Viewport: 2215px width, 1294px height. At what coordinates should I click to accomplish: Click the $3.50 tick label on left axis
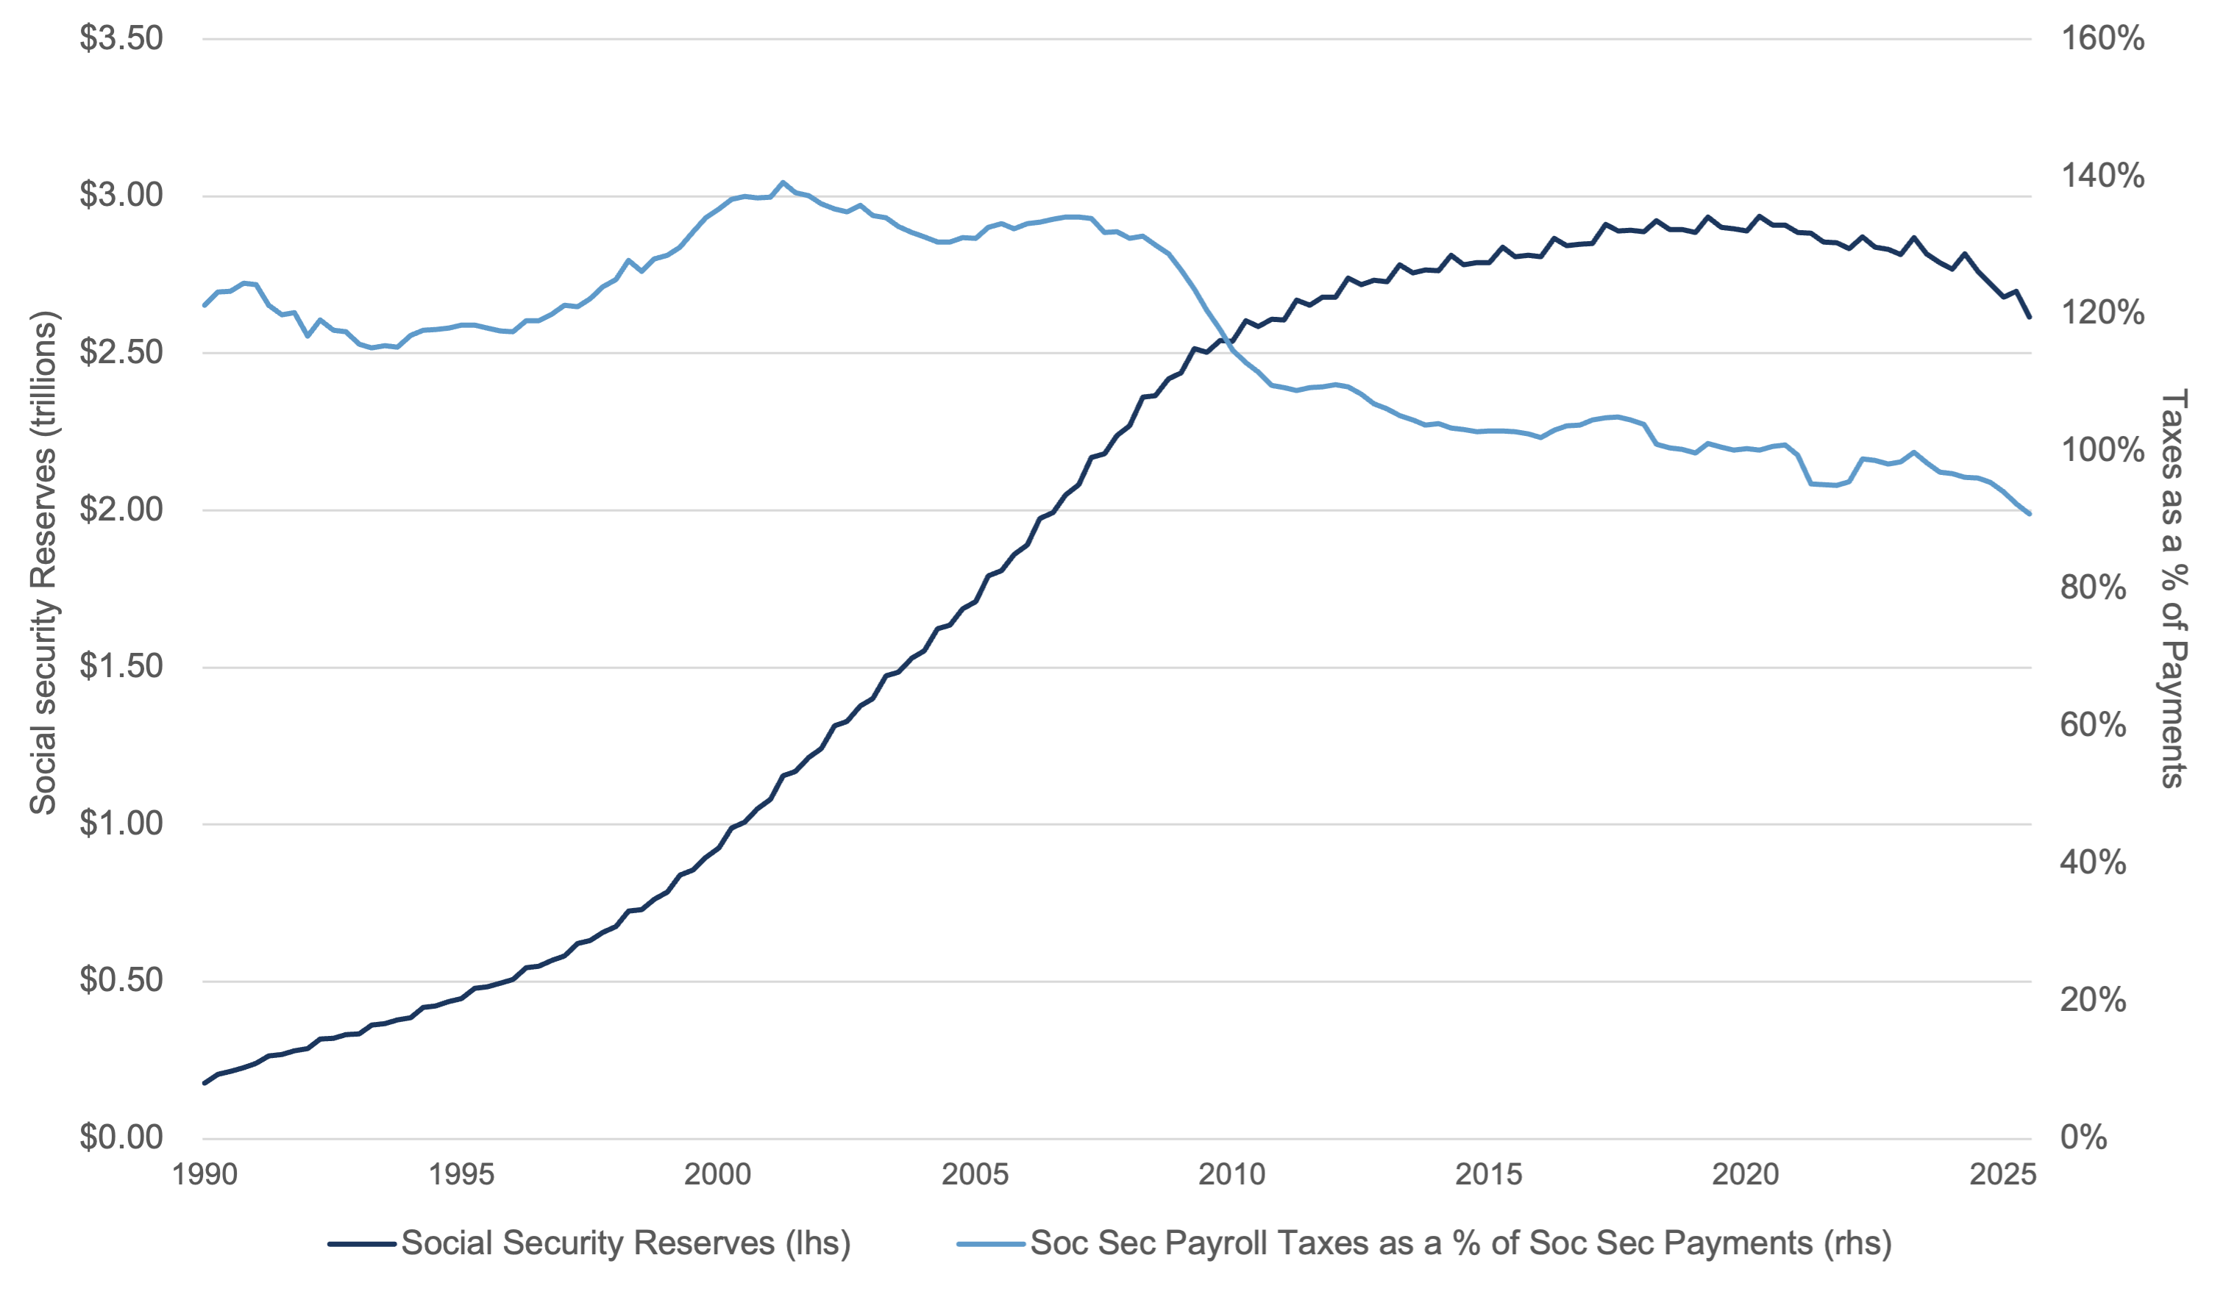[x=121, y=39]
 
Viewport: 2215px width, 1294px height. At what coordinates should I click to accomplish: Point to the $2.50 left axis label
[x=121, y=352]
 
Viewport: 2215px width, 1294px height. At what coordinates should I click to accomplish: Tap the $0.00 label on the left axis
[x=121, y=1137]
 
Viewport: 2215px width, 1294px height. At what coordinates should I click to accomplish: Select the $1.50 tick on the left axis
[x=121, y=667]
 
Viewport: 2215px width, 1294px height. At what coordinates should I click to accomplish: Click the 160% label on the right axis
[x=2102, y=39]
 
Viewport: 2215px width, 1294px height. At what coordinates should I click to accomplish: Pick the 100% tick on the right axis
[x=2102, y=451]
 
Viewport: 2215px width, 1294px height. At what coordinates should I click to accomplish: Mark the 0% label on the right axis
[x=2083, y=1137]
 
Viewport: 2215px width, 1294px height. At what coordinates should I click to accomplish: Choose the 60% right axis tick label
[x=2093, y=726]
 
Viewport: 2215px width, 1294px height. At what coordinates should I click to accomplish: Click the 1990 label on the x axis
[x=205, y=1176]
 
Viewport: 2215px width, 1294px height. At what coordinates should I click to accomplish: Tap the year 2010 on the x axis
[x=1231, y=1176]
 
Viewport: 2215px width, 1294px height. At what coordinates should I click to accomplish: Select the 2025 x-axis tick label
[x=2002, y=1176]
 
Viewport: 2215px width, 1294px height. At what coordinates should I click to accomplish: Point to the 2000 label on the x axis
[x=718, y=1176]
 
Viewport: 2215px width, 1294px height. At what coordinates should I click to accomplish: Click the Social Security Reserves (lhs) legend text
[x=626, y=1244]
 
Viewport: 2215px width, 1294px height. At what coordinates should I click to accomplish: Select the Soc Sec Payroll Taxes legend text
[x=1460, y=1244]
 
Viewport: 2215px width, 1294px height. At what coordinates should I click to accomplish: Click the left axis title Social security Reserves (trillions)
[x=43, y=562]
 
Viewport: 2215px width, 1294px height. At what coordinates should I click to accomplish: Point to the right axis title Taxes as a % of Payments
[x=2173, y=589]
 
